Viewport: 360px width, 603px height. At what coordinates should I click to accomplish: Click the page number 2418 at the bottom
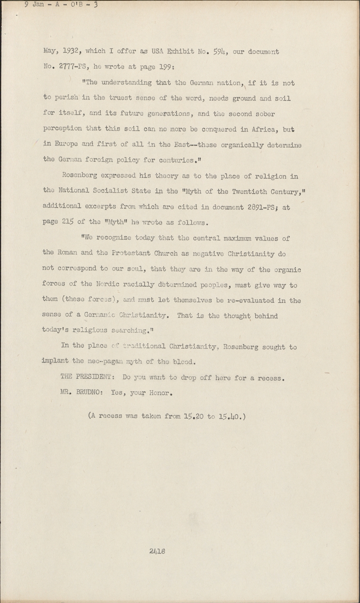click(x=157, y=551)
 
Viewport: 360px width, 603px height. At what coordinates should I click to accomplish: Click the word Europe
click(x=65, y=145)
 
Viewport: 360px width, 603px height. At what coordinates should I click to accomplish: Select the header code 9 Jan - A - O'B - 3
click(x=61, y=5)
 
